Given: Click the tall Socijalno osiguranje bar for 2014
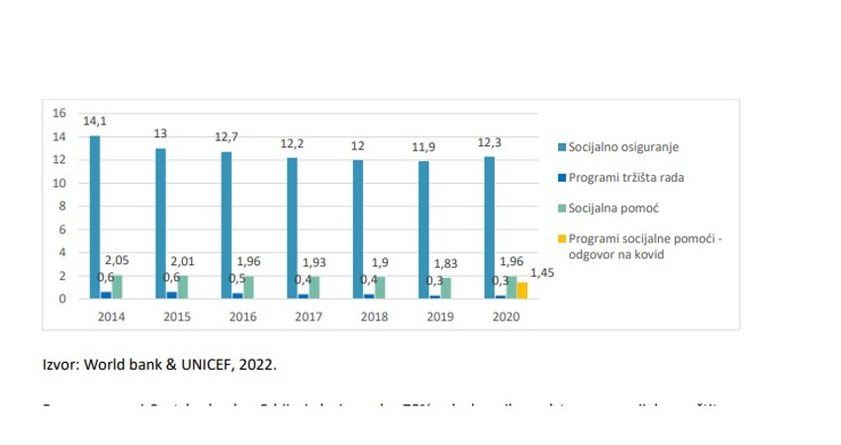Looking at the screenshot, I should click(95, 217).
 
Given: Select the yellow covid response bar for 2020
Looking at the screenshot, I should click(521, 290).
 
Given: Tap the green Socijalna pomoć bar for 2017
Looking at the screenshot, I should click(314, 287).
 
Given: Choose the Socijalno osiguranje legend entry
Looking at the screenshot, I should click(623, 147).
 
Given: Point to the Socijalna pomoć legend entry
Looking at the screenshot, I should click(613, 210).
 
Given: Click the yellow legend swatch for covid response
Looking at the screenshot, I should click(561, 240).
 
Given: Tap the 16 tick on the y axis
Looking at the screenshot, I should click(59, 114).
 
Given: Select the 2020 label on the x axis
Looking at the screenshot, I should click(505, 317).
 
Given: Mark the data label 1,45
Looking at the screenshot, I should click(541, 272).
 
